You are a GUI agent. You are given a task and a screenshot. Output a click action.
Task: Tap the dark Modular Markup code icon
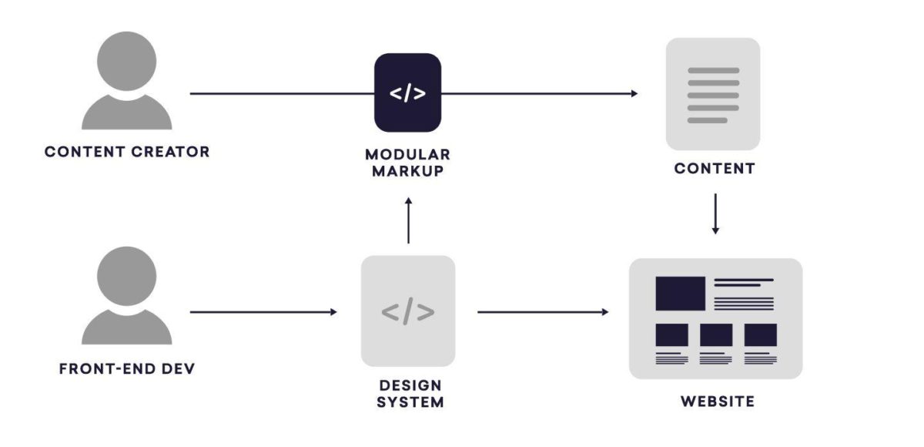tap(407, 93)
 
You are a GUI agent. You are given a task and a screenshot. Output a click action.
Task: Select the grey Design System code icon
tap(408, 311)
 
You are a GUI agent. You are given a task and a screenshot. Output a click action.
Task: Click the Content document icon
tap(713, 93)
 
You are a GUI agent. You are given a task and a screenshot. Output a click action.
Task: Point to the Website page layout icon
tap(715, 319)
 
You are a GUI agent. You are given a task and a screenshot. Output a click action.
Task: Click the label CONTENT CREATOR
tap(127, 152)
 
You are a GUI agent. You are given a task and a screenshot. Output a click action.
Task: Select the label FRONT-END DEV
tap(127, 369)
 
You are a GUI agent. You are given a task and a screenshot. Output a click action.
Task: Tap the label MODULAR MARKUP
tap(407, 163)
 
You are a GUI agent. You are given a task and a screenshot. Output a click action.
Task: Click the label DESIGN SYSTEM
tap(411, 393)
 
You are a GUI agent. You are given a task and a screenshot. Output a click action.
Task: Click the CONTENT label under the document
tap(715, 169)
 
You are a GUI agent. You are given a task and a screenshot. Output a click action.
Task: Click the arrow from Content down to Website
tap(715, 213)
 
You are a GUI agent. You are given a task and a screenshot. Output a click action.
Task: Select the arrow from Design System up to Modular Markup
tap(408, 220)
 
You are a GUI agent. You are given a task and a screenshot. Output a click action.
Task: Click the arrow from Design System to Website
tap(543, 312)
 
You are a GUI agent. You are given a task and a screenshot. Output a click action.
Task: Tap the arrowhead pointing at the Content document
tap(634, 94)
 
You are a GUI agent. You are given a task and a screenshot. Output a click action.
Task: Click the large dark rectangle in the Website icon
tap(680, 294)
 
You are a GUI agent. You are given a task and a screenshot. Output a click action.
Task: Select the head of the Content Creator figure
tap(127, 61)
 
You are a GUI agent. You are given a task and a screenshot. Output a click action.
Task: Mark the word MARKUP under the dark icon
tap(407, 171)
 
